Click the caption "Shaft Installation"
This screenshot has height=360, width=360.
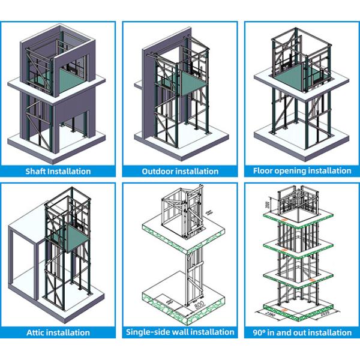(58, 171)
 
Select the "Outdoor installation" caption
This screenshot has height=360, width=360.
(179, 171)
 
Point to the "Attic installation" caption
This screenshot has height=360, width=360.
(58, 332)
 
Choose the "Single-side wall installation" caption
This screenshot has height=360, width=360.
(179, 332)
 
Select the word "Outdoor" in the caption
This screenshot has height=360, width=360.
(158, 171)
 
